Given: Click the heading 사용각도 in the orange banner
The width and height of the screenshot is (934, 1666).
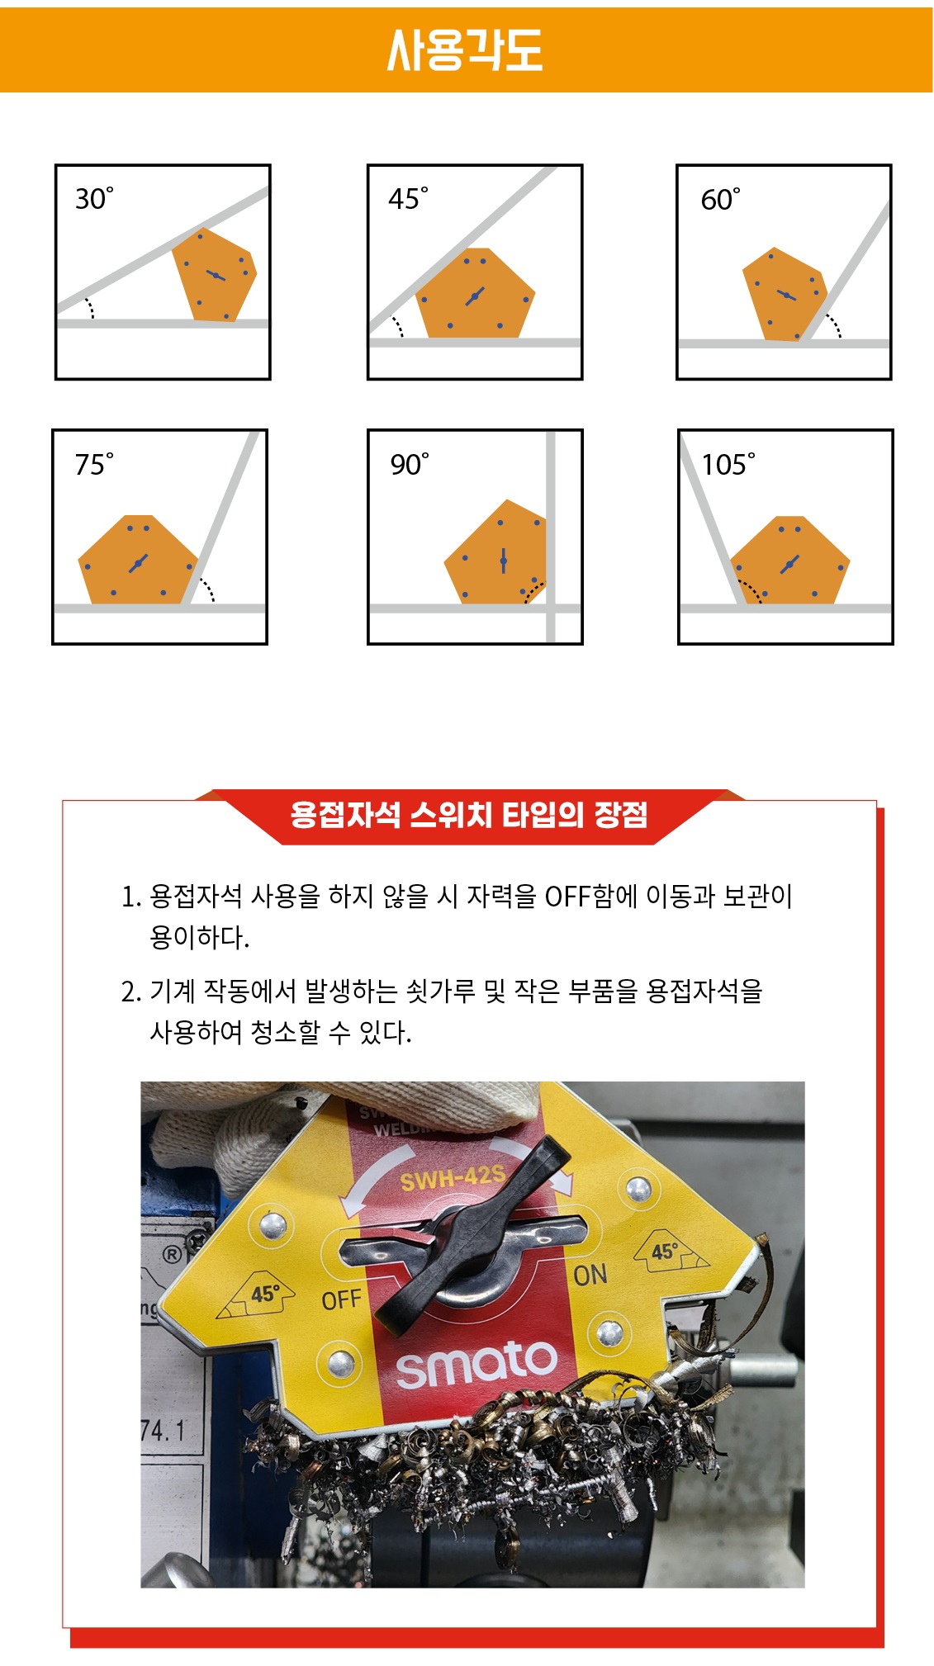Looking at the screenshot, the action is pyautogui.click(x=465, y=50).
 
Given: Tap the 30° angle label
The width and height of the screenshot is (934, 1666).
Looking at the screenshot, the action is pyautogui.click(x=94, y=198).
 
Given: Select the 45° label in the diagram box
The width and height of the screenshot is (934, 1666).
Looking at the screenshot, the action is pyautogui.click(x=408, y=198).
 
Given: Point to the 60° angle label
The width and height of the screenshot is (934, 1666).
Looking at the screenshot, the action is pyautogui.click(x=720, y=199).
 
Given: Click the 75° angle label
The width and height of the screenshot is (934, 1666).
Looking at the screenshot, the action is pyautogui.click(x=94, y=464).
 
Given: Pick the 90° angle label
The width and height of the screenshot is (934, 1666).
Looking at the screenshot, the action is pyautogui.click(x=410, y=464).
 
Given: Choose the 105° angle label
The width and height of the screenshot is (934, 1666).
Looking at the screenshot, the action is pyautogui.click(x=728, y=464).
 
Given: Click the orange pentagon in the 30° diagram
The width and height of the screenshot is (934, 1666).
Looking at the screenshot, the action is pyautogui.click(x=215, y=275).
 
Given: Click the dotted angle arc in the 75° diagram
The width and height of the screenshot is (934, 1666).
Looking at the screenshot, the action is pyautogui.click(x=208, y=588).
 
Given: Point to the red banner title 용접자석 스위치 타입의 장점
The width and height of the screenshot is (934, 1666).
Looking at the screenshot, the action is pyautogui.click(x=469, y=815).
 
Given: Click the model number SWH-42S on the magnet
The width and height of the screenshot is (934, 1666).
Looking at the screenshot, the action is pyautogui.click(x=453, y=1177).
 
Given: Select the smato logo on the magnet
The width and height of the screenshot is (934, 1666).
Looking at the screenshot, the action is pyautogui.click(x=477, y=1363).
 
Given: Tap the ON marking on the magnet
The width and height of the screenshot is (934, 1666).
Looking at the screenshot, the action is pyautogui.click(x=590, y=1275).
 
